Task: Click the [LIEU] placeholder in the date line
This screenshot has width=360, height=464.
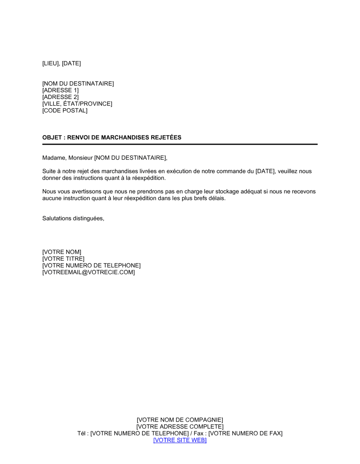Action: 51,64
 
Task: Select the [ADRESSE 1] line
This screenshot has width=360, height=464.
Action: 60,90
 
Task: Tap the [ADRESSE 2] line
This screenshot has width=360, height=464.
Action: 60,97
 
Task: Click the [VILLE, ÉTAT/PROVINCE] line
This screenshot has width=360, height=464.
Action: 77,104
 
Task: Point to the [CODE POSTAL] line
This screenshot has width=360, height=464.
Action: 65,111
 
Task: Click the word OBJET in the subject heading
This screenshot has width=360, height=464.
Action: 52,137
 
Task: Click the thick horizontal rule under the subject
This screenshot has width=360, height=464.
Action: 180,144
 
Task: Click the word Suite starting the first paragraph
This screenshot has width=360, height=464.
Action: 49,172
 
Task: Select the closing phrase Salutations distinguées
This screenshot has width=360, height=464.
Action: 73,219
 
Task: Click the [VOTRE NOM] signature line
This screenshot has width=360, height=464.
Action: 62,252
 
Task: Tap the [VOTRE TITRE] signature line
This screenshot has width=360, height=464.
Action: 63,259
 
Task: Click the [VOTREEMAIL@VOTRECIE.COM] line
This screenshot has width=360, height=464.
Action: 89,273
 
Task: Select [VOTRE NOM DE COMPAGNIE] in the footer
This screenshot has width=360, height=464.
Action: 180,420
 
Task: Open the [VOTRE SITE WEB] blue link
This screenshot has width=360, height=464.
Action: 180,440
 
